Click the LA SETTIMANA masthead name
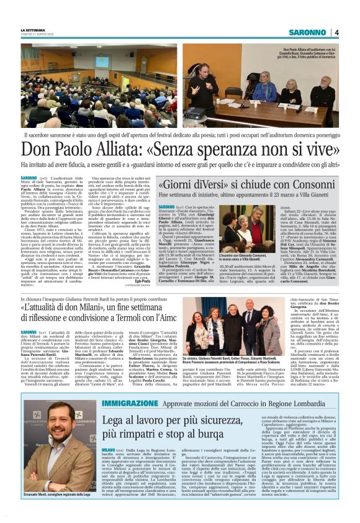[33, 30]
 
